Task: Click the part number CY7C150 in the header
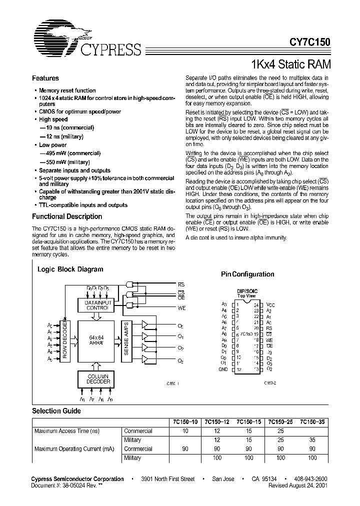coord(309,43)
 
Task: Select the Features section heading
coord(45,78)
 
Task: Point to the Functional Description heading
coord(67,216)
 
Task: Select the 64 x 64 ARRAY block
coord(96,340)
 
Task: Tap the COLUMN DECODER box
coord(96,378)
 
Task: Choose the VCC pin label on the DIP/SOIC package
coord(270,304)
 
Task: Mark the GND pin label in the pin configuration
coord(223,369)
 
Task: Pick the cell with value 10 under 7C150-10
coord(186,431)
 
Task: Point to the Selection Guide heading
coord(56,411)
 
